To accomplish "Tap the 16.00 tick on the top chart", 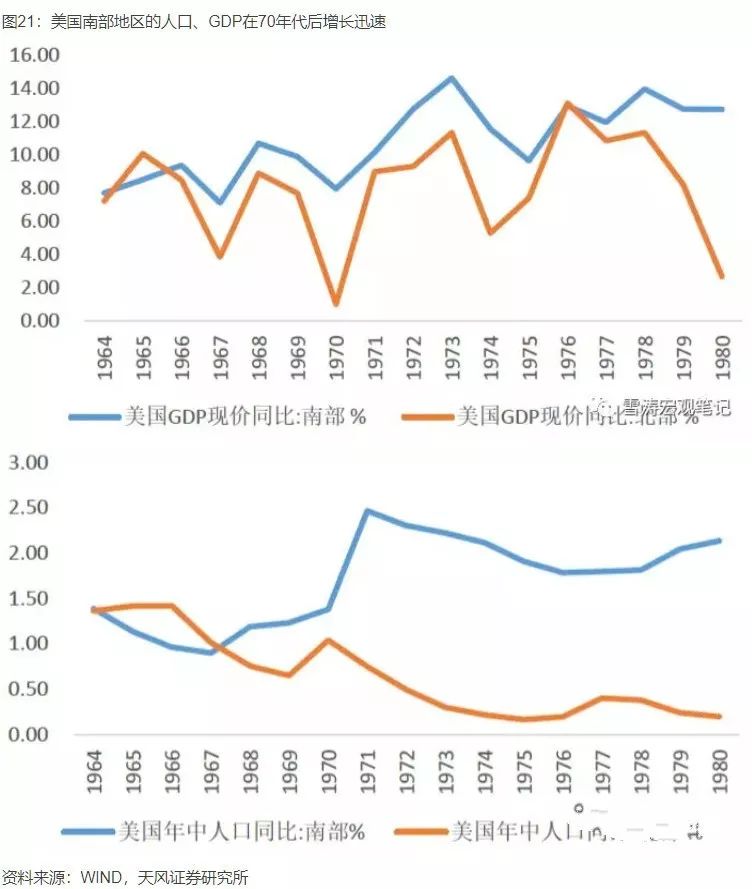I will pos(34,55).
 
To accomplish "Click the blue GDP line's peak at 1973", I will pos(451,78).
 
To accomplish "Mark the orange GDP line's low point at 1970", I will pos(335,303).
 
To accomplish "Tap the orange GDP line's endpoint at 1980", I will pos(721,275).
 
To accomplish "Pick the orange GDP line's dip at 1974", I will pos(490,232).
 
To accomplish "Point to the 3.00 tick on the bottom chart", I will pos(29,463).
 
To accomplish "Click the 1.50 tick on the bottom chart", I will pos(29,598).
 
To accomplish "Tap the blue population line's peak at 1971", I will pos(367,511).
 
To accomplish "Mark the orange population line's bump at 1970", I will pos(329,640).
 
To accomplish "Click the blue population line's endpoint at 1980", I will pos(721,541).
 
